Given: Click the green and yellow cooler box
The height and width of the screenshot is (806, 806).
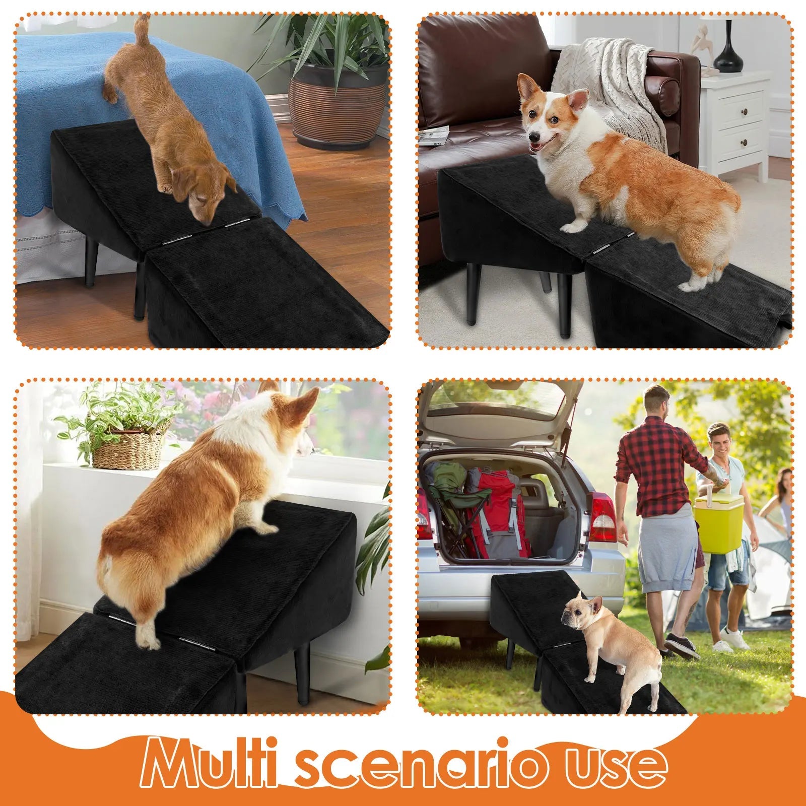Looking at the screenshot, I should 718,524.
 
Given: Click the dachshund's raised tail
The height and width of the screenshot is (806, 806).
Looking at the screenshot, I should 143,28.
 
